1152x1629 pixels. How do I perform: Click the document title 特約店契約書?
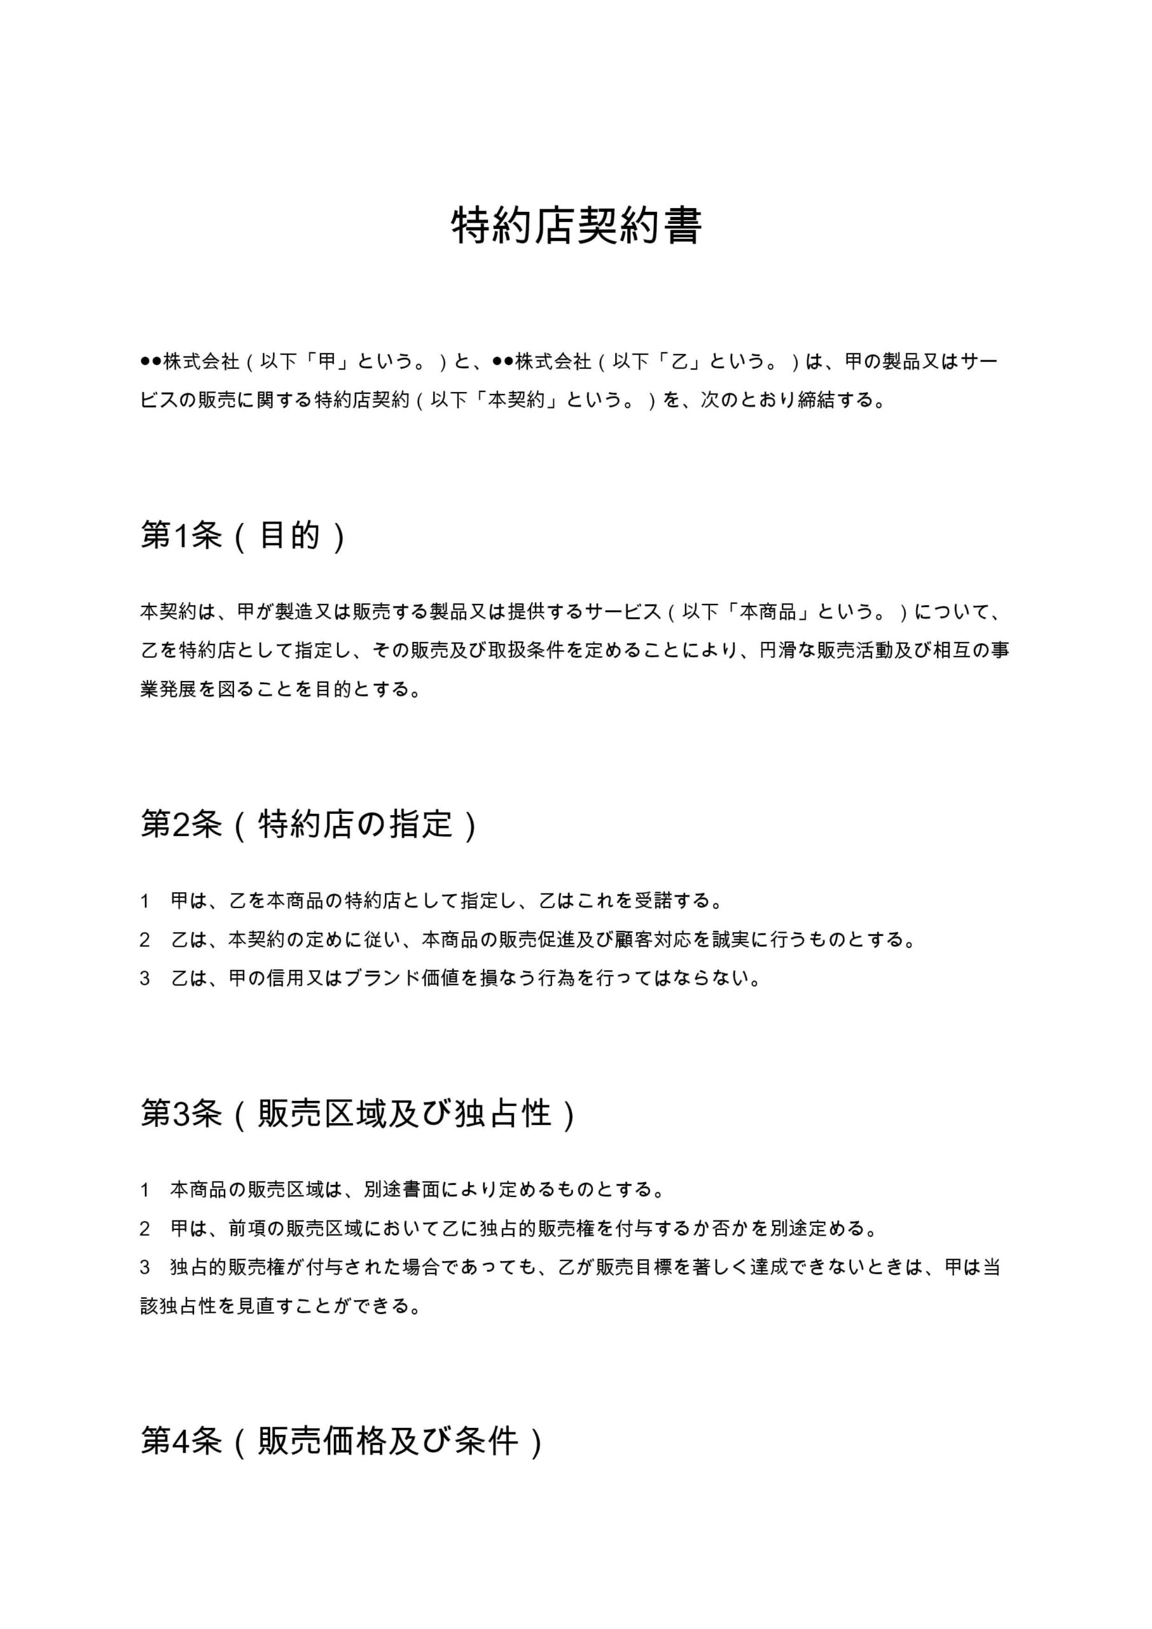click(576, 227)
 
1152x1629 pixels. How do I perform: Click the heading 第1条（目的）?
click(243, 536)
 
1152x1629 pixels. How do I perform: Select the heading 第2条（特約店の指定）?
click(309, 825)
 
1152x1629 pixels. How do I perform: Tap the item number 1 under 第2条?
click(144, 902)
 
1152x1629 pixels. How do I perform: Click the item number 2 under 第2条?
click(144, 940)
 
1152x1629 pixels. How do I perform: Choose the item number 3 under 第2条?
click(144, 979)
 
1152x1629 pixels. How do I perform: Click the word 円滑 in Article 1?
click(778, 650)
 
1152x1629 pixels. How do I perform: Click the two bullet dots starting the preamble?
click(151, 362)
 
